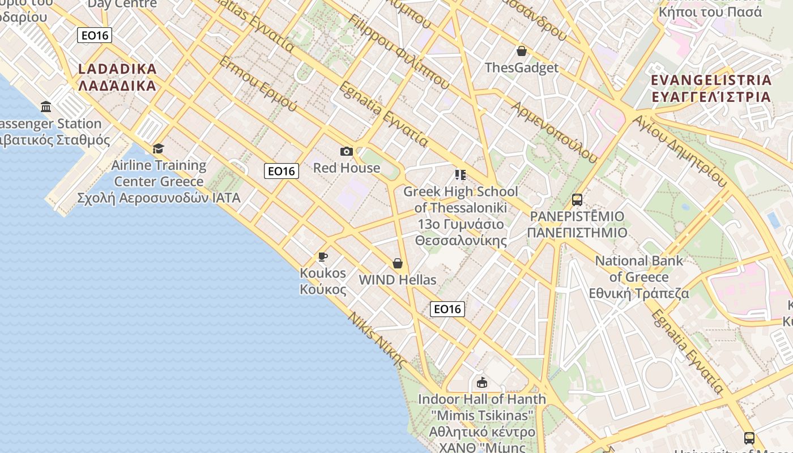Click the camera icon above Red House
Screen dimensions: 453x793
(x=346, y=151)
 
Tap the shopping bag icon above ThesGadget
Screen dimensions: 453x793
(x=522, y=52)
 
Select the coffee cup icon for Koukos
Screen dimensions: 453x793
(x=322, y=257)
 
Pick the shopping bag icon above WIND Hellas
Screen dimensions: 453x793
(x=398, y=263)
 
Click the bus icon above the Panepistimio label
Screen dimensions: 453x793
(x=577, y=200)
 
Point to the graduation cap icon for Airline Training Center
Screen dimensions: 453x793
(x=158, y=148)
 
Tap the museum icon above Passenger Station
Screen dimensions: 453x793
(x=46, y=106)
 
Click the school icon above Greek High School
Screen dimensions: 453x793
(x=460, y=174)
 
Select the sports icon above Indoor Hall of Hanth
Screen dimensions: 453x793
(x=482, y=383)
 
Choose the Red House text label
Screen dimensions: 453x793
(x=347, y=168)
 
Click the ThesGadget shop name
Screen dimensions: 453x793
(x=522, y=68)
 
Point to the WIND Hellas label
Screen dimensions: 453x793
(x=398, y=280)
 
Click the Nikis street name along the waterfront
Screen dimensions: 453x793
(x=378, y=340)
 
